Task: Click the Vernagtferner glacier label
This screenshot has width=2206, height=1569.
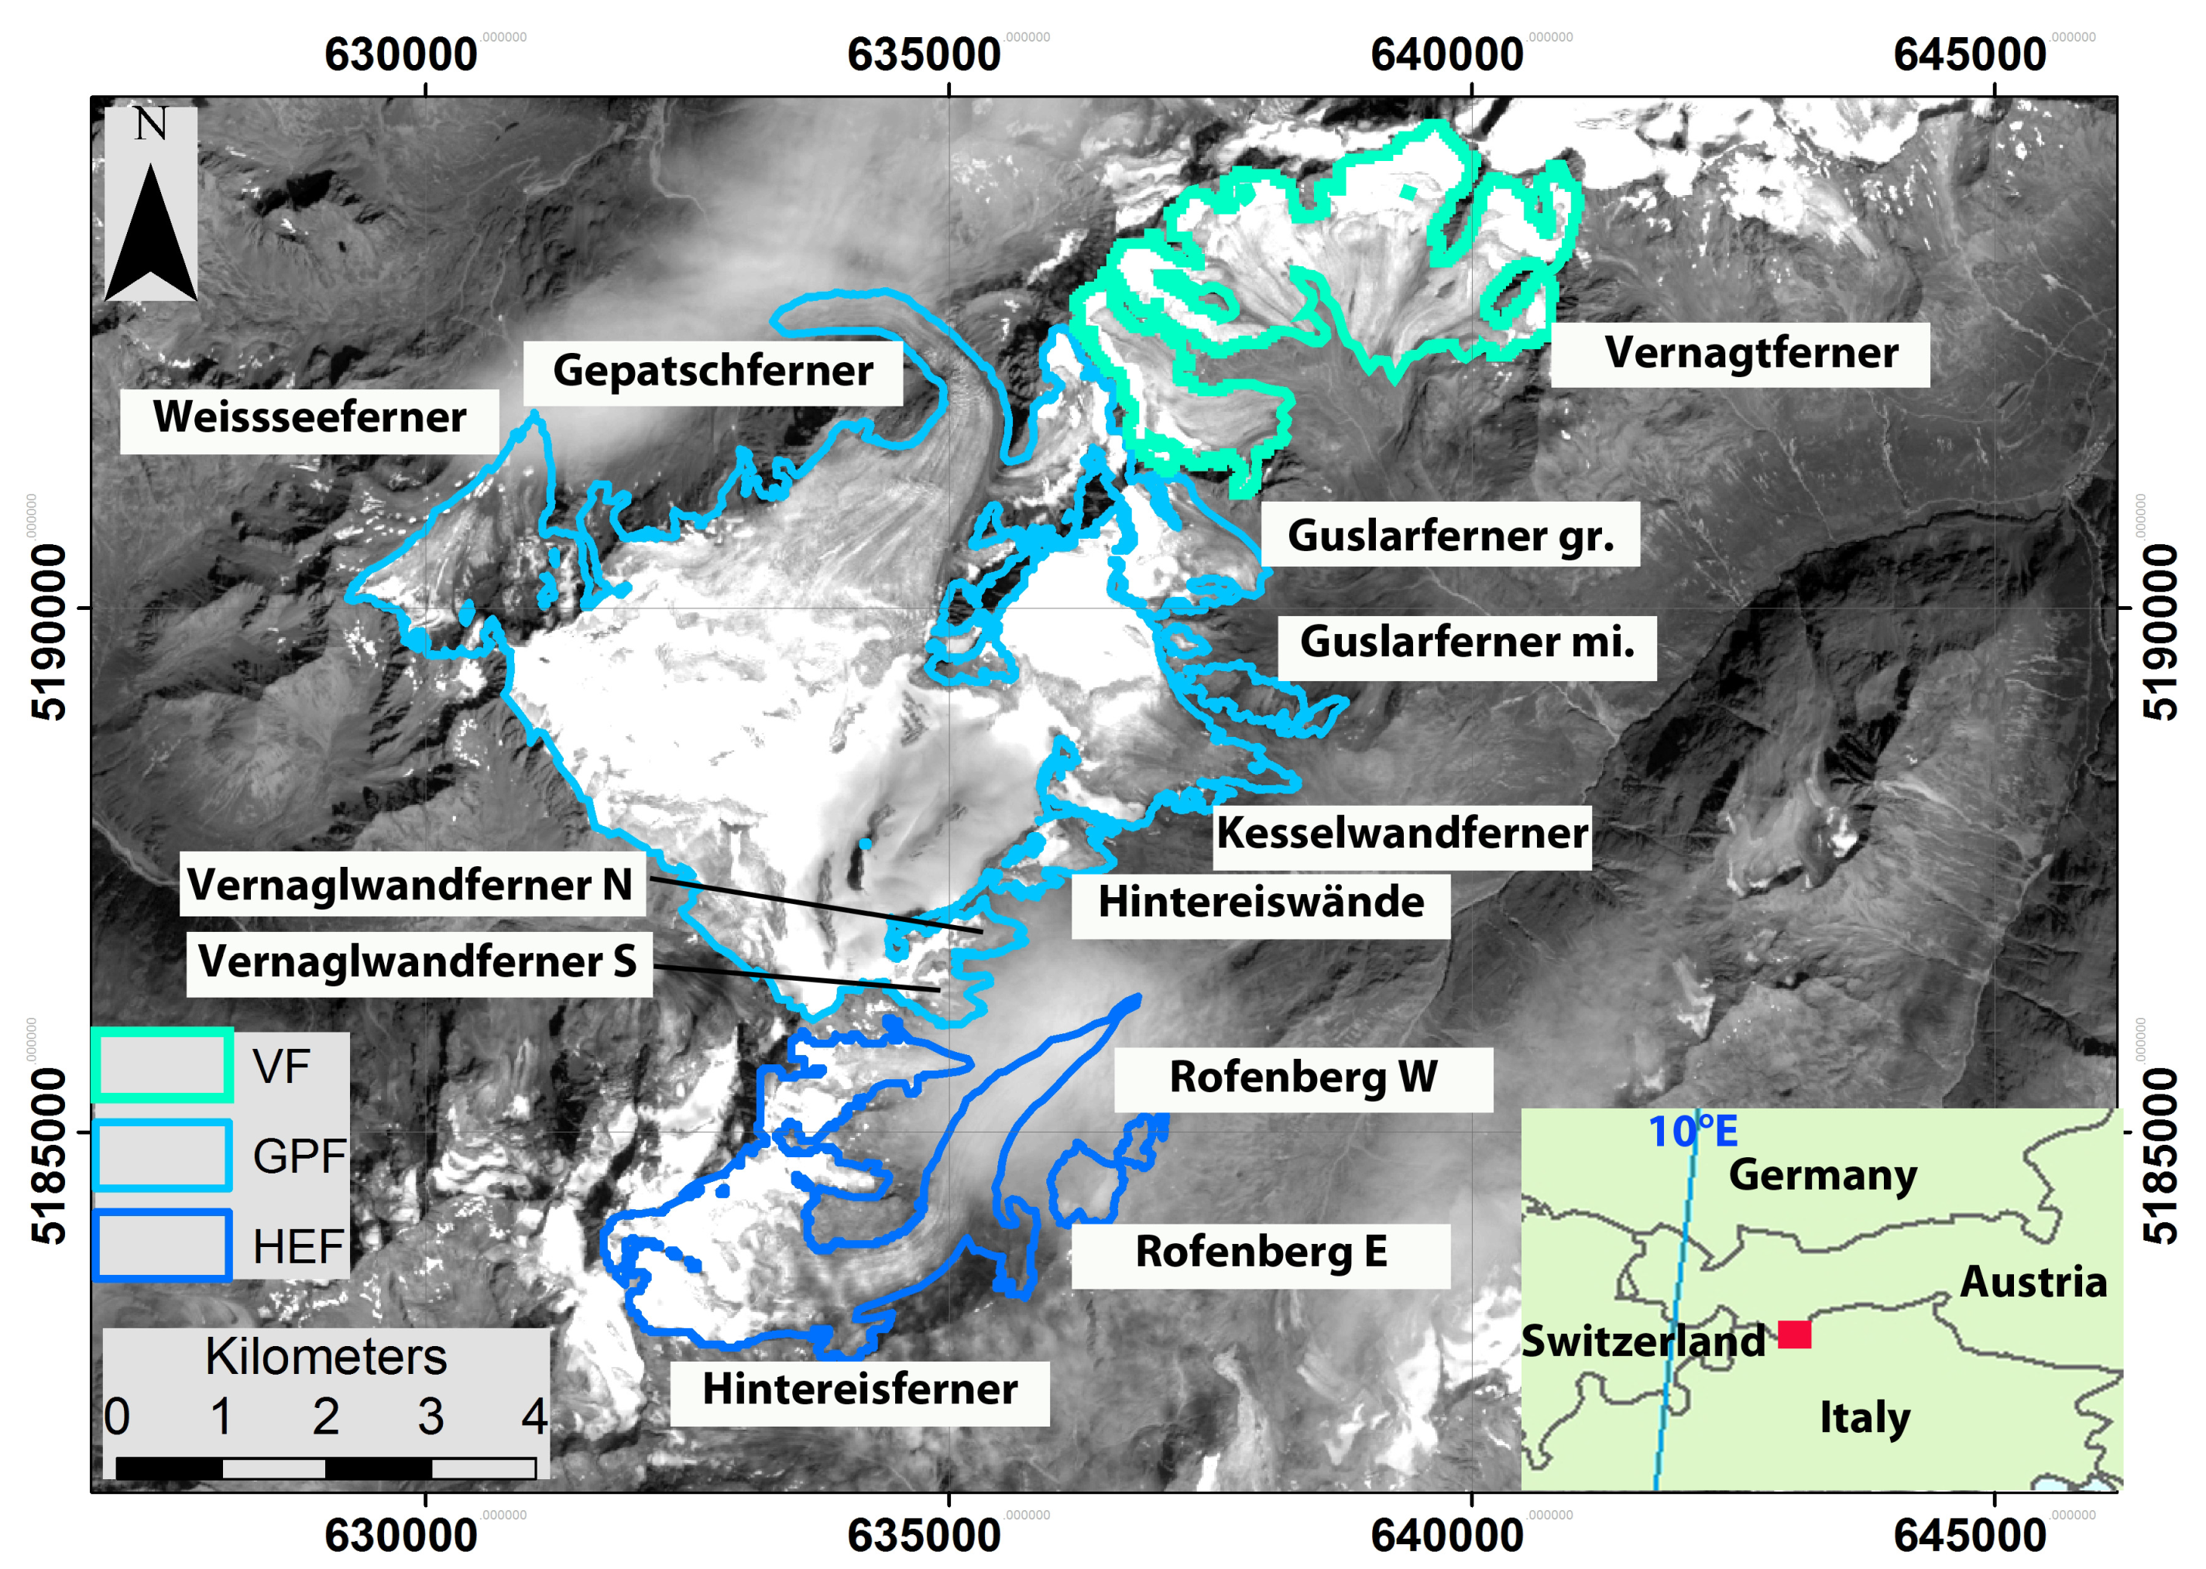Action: pos(1750,354)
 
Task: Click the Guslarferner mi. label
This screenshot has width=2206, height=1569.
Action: pos(1466,642)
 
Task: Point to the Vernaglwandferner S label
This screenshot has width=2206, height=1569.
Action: pos(417,962)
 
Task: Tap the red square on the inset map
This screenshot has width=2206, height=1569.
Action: pos(1793,1334)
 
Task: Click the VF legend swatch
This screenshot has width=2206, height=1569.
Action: pos(163,1064)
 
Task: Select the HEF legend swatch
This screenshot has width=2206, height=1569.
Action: pos(163,1245)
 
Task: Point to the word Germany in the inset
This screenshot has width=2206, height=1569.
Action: pos(1821,1176)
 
